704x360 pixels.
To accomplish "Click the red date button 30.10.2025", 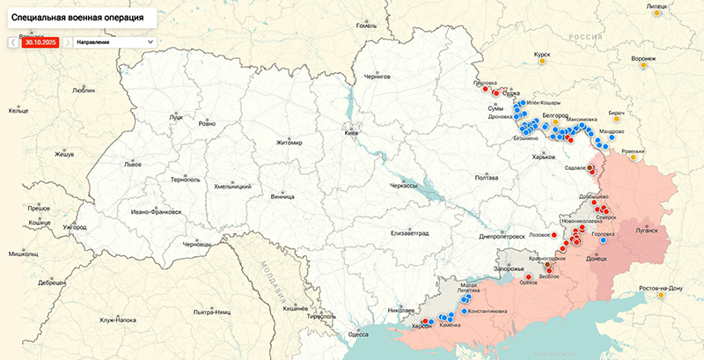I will (x=40, y=41).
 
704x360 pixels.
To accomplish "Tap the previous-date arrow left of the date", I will (x=13, y=41).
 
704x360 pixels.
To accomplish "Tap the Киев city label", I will (x=351, y=132).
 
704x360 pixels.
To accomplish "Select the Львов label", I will (x=133, y=165).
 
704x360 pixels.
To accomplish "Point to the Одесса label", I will (x=358, y=334).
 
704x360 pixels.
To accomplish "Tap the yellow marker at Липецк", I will (x=652, y=15).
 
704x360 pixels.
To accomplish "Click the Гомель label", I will (x=365, y=26).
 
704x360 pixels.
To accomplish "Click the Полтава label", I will (x=486, y=178).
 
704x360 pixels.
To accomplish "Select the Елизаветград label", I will (x=409, y=232).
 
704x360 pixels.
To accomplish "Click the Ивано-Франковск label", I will (x=156, y=212).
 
